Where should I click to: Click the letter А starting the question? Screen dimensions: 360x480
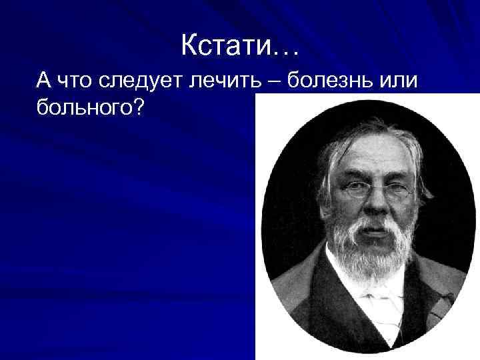[x=44, y=81]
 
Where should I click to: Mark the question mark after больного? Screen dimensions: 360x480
[x=137, y=107]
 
